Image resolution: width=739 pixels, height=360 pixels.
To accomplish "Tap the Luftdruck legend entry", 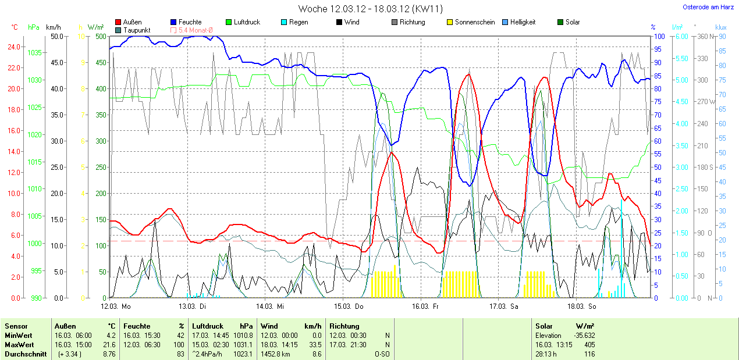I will point(247,22).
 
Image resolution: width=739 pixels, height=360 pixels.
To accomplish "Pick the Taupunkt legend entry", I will point(137,30).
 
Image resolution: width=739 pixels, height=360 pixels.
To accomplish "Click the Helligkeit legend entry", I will point(523,22).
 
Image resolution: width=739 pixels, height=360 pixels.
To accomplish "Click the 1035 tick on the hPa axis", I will point(34,53).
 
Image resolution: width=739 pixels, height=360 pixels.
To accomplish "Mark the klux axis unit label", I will point(721,27).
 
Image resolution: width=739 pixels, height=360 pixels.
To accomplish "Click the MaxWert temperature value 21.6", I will point(111,345).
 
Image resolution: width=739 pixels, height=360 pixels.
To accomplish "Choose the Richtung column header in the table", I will point(344,326).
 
